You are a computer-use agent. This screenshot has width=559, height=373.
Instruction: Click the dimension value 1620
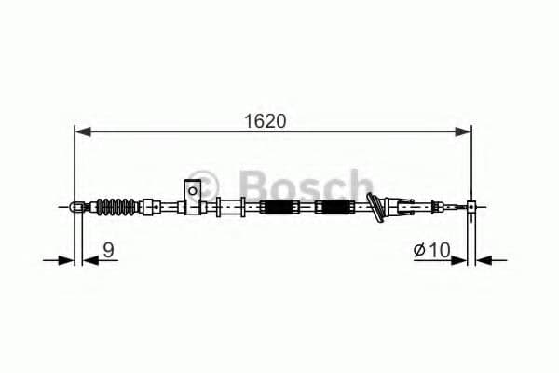pyautogui.click(x=266, y=121)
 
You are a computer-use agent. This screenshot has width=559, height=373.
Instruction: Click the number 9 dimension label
pyautogui.click(x=109, y=249)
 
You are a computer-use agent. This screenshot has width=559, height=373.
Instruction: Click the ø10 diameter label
pyautogui.click(x=434, y=249)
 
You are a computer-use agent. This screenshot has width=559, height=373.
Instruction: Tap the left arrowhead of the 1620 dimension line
pyautogui.click(x=82, y=132)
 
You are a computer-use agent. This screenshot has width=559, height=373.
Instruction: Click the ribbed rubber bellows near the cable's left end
pyautogui.click(x=118, y=206)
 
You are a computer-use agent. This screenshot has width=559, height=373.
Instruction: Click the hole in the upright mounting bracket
pyautogui.click(x=192, y=192)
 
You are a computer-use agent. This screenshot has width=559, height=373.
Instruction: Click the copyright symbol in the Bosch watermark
pyautogui.click(x=208, y=181)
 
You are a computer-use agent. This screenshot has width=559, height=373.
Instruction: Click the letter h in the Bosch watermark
pyautogui.click(x=360, y=183)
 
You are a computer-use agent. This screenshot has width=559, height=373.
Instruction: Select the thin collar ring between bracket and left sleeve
pyautogui.click(x=219, y=207)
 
